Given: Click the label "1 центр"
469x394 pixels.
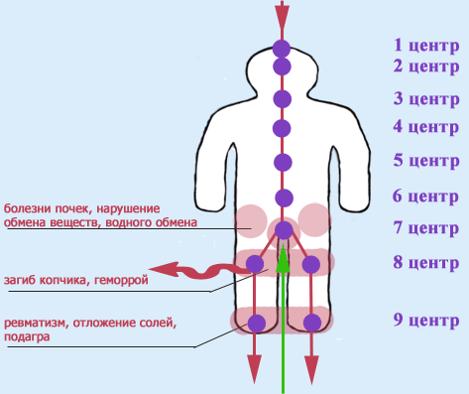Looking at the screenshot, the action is point(424,45).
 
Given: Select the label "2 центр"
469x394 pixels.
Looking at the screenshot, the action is point(424,66).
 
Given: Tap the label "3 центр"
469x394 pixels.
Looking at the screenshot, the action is point(424,99).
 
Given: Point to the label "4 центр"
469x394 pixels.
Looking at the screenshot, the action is point(424,127).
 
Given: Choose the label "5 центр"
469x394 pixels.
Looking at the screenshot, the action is point(424,160).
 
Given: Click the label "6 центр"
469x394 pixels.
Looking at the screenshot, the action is point(424,196).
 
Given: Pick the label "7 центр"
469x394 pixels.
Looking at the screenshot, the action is point(424,228).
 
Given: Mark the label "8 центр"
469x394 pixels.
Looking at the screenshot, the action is point(424,264).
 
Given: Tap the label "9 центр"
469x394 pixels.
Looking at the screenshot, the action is point(424,322).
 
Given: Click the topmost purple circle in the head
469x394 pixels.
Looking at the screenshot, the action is point(283,49).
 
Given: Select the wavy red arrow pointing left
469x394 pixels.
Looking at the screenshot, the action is point(188,269).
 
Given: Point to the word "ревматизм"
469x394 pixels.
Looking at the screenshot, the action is point(37,324).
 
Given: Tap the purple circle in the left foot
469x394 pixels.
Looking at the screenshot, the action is point(257,323).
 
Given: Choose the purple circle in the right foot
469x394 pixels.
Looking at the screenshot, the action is point(312,323).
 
